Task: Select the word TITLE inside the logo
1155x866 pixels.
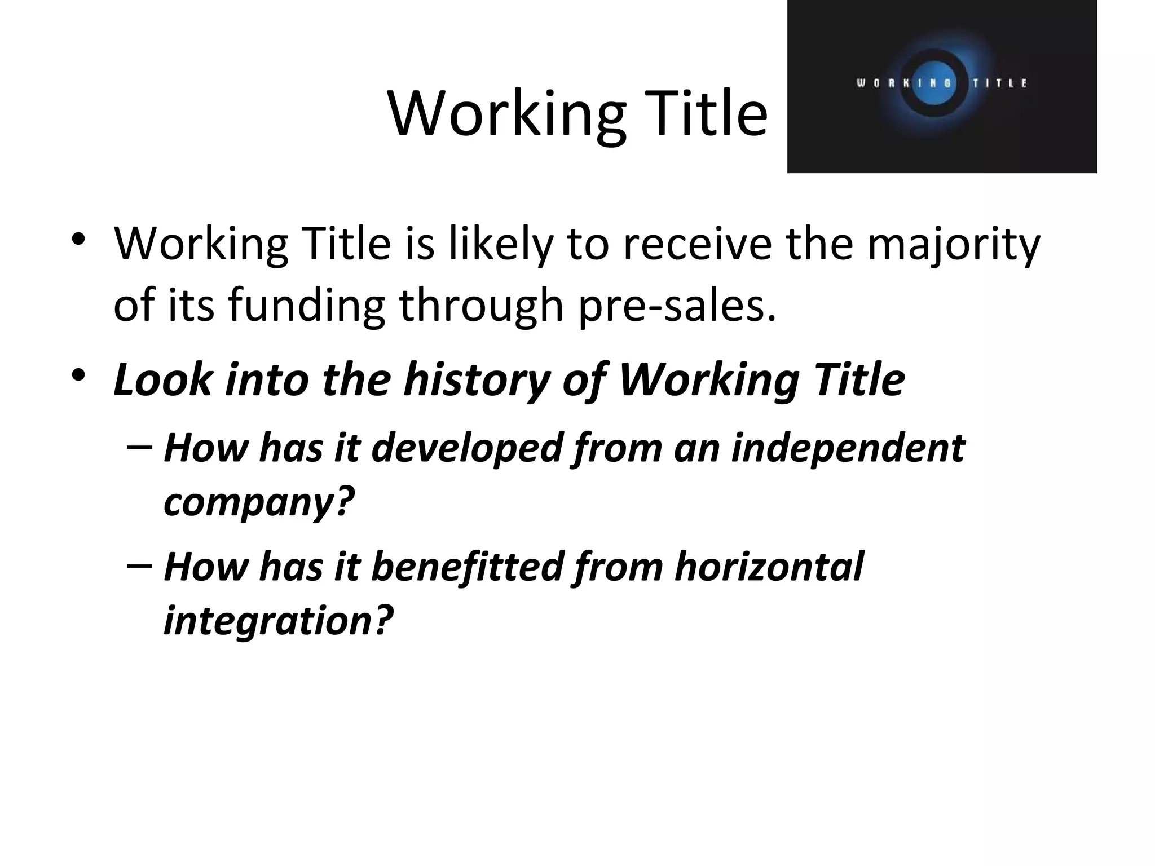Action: (x=1000, y=83)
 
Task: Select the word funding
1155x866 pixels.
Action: (x=307, y=306)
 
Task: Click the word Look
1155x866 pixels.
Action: (x=162, y=379)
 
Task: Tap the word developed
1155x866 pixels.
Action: (x=468, y=448)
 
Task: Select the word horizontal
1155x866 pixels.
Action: (x=769, y=567)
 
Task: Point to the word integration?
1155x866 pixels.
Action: (x=278, y=620)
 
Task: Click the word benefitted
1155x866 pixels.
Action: (x=468, y=567)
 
